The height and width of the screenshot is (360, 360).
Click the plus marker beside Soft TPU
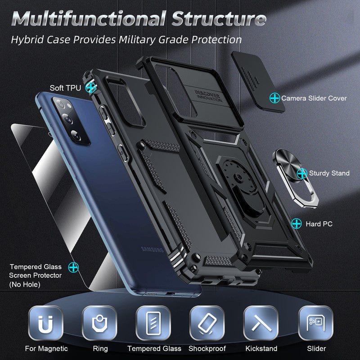pos(91,87)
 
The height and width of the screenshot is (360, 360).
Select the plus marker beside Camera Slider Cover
pos(274,97)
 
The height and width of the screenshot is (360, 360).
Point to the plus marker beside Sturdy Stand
pos(302,173)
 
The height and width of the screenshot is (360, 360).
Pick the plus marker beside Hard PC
pos(296,223)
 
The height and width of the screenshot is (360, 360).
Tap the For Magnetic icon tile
pos(46,322)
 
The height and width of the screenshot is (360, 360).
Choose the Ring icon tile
pos(100,322)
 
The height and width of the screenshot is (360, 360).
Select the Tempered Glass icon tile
pos(154,322)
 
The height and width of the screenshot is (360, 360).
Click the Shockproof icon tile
pos(207,322)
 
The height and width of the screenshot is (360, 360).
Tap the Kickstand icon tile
pos(261,322)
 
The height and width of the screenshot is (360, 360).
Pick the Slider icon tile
pos(316,322)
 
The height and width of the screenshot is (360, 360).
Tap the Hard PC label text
pos(319,224)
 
